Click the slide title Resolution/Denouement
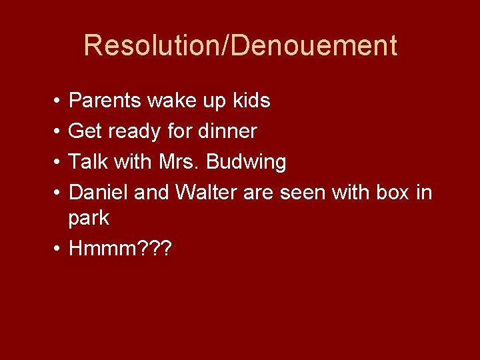click(x=240, y=45)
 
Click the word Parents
click(x=105, y=101)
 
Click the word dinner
click(x=227, y=131)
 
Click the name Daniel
click(x=99, y=193)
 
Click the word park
click(x=89, y=219)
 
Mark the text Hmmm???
click(x=121, y=249)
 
